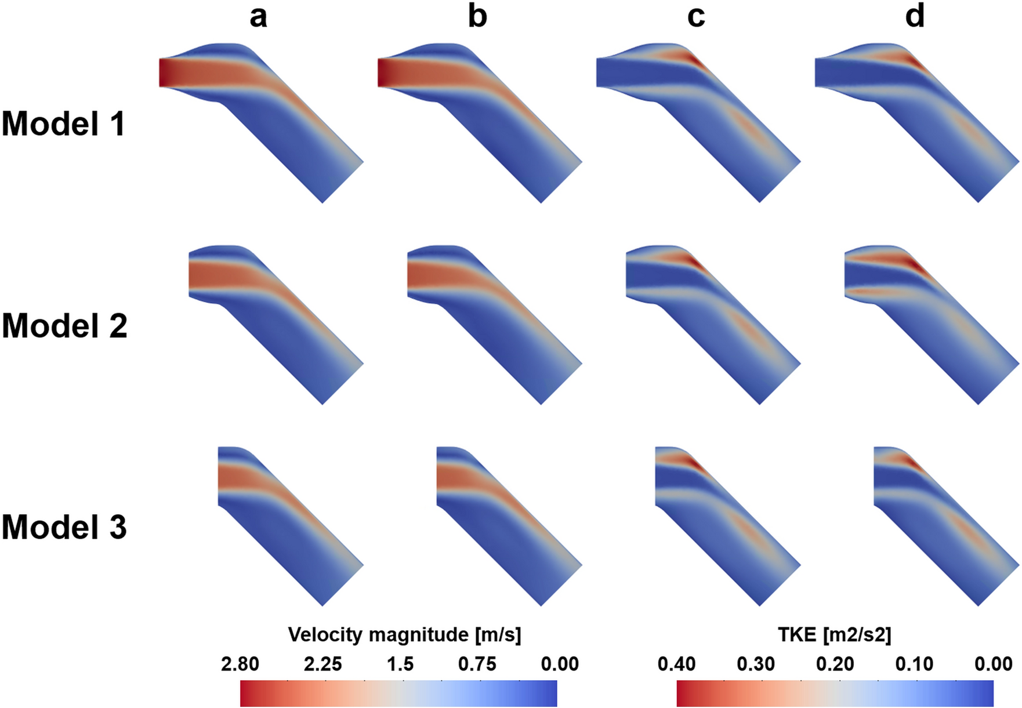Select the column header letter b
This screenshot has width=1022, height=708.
[477, 17]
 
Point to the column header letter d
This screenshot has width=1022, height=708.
[915, 17]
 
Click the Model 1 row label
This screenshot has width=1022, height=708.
[63, 124]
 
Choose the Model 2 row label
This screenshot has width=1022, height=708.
[64, 325]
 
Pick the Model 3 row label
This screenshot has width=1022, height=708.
[64, 527]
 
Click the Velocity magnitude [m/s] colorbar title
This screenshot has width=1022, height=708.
[404, 634]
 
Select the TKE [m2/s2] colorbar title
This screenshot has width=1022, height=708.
[834, 634]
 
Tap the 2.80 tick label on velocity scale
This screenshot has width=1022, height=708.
[240, 663]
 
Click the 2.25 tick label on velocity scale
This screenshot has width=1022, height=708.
[322, 663]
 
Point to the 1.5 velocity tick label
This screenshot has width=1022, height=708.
[400, 663]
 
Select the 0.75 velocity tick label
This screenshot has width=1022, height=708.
[477, 663]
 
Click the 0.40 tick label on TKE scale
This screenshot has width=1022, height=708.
[677, 663]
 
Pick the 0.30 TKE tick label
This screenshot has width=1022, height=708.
[756, 663]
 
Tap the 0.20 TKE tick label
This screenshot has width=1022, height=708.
[835, 663]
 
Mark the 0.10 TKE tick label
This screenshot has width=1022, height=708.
[914, 663]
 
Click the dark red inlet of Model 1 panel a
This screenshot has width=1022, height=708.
[166, 72]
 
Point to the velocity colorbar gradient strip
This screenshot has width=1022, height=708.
[398, 694]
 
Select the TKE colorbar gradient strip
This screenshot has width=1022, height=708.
[835, 694]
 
